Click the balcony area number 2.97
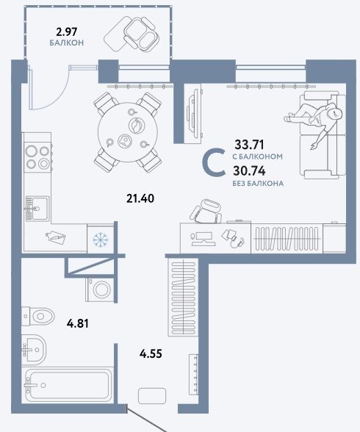point(67,32)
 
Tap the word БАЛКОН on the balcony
point(67,43)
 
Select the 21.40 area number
point(140,198)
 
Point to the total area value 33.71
point(249,144)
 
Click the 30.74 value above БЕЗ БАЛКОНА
point(249,171)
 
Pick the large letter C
point(214,162)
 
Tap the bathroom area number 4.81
point(78,323)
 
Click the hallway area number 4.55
point(151,353)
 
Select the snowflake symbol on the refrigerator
point(100,240)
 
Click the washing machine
point(100,289)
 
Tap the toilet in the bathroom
point(37,316)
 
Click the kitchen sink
point(37,209)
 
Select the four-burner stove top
point(37,157)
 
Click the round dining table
point(128,132)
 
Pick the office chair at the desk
point(206,212)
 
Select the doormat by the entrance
point(152,396)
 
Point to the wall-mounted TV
point(194,113)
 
